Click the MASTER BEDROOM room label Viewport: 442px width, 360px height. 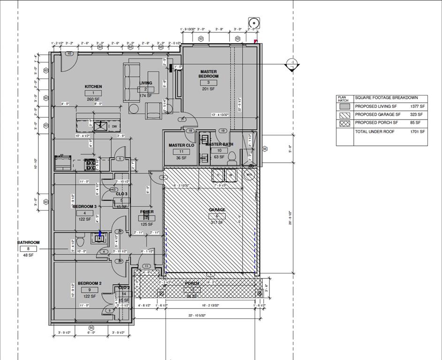pos(208,74)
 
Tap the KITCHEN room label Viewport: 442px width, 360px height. pos(93,87)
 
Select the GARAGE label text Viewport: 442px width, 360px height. pos(217,210)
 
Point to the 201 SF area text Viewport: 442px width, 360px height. pos(208,89)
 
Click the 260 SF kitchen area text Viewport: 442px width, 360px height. pos(93,99)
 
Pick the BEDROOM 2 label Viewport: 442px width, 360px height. pos(89,284)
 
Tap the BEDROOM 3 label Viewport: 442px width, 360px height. pos(85,206)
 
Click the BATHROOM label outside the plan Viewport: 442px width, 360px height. pos(29,242)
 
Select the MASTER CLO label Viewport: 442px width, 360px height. pos(181,145)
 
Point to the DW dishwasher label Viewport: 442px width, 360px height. pos(114,126)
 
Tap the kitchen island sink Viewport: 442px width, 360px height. pos(100,126)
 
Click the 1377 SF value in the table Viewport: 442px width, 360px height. pos(416,106)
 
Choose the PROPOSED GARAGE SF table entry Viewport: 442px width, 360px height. pos(377,114)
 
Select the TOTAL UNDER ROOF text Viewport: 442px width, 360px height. pos(374,132)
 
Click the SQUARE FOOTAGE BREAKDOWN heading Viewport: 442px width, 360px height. pos(386,97)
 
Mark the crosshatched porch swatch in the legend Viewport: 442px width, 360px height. pos(344,123)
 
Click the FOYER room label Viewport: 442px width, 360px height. pos(147,212)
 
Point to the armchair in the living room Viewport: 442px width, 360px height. pos(153,111)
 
